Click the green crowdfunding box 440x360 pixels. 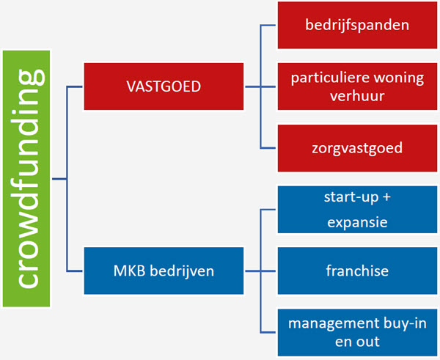tap(27, 178)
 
